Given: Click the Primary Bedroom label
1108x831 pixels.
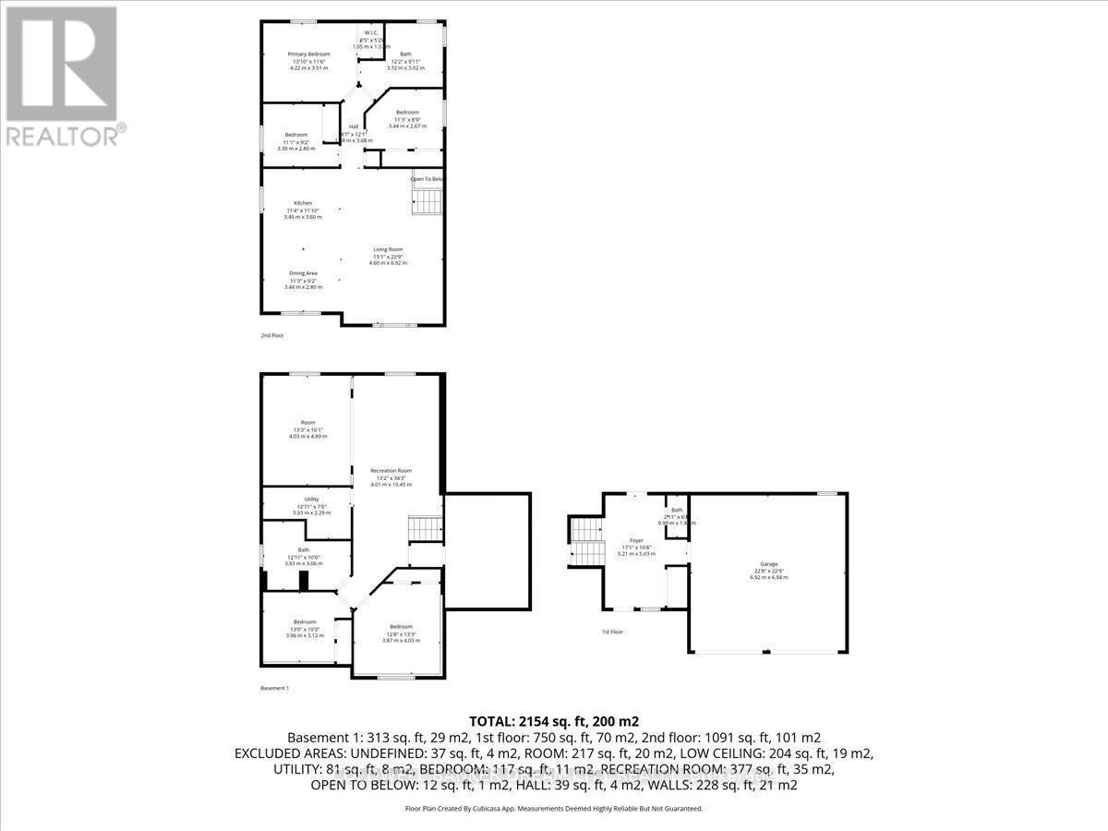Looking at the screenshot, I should [308, 54].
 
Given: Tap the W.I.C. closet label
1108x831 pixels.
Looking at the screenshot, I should [371, 33].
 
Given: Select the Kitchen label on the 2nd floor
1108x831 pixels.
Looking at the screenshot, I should [303, 203].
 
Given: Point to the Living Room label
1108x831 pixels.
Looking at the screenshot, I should [388, 249].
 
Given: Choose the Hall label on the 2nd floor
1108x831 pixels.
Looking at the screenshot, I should [353, 127].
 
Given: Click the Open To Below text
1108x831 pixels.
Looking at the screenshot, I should [428, 179].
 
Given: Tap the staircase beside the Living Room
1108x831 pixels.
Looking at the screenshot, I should [428, 200].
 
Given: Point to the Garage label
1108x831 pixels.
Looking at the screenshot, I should [768, 564].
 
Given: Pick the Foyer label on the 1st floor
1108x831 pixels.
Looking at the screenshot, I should [637, 540].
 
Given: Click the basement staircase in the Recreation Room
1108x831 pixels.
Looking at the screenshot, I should [426, 529].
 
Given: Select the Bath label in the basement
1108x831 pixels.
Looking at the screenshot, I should [303, 549].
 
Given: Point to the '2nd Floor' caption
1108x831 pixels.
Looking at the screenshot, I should [272, 335].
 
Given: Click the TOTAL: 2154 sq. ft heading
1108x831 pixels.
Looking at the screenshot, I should [553, 721].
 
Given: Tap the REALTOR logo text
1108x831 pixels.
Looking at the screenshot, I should [65, 136].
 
